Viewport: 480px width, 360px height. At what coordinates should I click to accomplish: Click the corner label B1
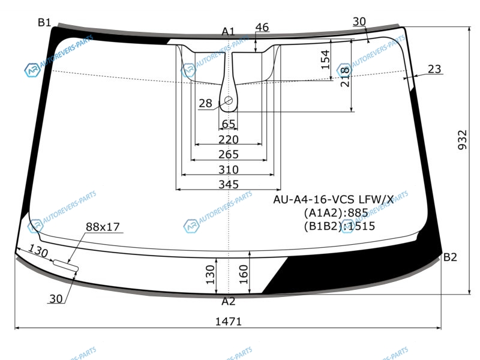click(44, 22)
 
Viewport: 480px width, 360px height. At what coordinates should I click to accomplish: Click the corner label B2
click(450, 257)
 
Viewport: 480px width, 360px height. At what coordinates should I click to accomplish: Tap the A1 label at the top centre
click(228, 32)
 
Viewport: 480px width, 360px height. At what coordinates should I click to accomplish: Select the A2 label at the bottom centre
click(229, 302)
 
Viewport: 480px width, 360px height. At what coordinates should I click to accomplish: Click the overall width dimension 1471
click(229, 322)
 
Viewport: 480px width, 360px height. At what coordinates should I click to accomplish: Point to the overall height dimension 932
click(463, 140)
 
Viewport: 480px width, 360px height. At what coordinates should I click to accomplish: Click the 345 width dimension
click(229, 184)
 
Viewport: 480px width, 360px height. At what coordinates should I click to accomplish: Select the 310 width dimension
click(229, 170)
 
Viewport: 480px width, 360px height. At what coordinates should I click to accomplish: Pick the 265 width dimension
click(229, 154)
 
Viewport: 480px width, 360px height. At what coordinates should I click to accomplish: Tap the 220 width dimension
click(229, 140)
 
